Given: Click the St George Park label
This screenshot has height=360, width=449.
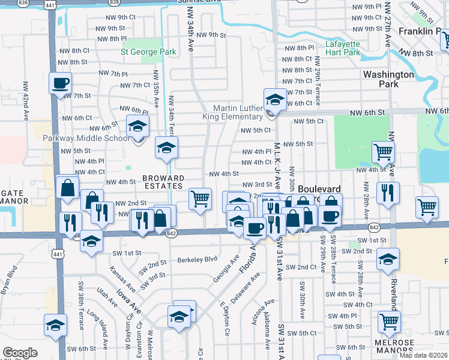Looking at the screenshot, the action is point(148,52).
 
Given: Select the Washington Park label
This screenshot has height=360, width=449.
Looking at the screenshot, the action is point(388,79).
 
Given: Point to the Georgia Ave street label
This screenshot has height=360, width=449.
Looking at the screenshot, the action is point(225,270).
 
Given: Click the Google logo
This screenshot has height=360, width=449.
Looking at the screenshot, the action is point(20,353).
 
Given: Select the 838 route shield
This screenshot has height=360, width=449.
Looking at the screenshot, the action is point(23,3).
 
